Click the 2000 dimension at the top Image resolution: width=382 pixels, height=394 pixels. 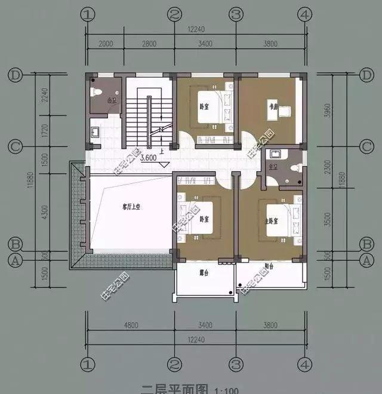pyautogui.click(x=106, y=44)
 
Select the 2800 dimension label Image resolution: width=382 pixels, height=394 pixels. pyautogui.click(x=149, y=44)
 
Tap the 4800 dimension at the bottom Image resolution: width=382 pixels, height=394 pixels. pyautogui.click(x=130, y=325)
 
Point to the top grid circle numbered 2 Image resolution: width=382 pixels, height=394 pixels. pyautogui.click(x=174, y=14)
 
